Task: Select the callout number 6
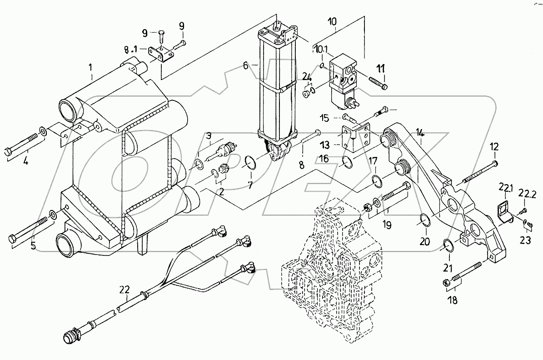[x=246, y=65]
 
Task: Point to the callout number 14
[x=421, y=133]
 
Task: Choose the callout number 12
[x=494, y=146]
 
